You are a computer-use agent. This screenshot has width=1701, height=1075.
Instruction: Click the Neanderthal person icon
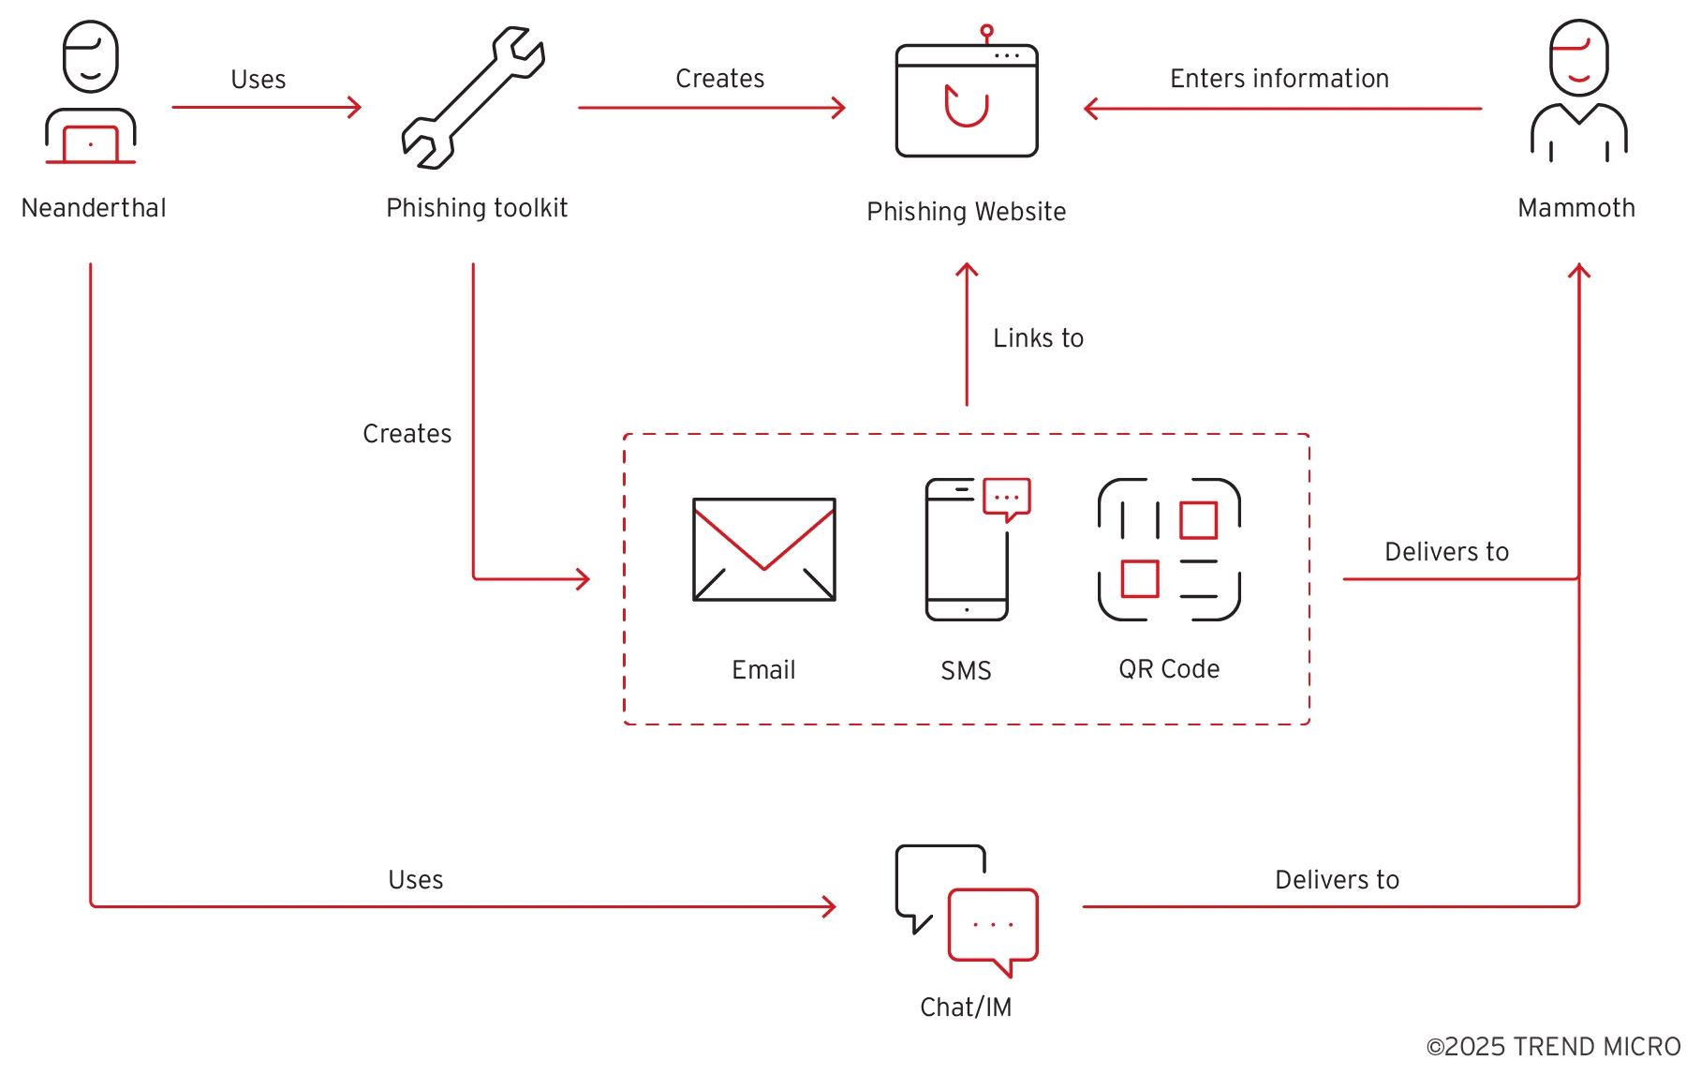click(x=91, y=93)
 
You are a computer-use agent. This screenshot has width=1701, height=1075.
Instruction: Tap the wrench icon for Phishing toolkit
click(x=473, y=98)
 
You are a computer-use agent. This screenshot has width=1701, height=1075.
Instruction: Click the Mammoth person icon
click(x=1578, y=91)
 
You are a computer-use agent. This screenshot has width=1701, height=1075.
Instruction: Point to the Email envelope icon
click(x=763, y=549)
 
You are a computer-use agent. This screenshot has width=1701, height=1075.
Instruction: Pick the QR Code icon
click(x=1169, y=549)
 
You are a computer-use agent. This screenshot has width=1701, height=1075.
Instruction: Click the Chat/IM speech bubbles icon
click(x=967, y=910)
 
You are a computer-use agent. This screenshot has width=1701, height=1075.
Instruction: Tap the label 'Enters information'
click(x=1279, y=79)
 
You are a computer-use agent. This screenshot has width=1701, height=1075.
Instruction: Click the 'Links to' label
click(x=1038, y=338)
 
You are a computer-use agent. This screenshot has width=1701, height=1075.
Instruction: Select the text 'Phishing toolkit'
click(x=477, y=208)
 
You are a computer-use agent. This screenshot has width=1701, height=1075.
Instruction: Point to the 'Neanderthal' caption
click(x=94, y=208)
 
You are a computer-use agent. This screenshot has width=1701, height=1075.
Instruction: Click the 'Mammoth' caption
click(x=1576, y=208)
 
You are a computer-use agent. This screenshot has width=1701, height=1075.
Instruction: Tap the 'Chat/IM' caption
click(x=966, y=1008)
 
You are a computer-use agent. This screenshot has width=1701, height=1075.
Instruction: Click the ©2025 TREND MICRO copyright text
click(x=1553, y=1047)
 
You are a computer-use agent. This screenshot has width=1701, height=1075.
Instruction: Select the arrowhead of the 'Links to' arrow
click(x=967, y=271)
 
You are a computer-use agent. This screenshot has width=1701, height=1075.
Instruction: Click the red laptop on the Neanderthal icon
click(x=91, y=144)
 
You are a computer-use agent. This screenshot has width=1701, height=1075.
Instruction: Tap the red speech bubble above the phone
click(x=1007, y=498)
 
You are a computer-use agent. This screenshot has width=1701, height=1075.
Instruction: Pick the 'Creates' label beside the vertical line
click(x=407, y=434)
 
